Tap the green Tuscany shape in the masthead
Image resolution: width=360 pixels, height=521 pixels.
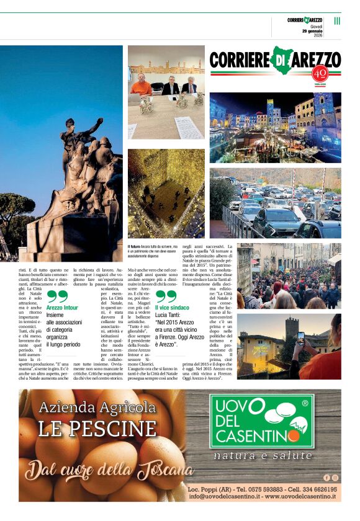[x=283, y=59]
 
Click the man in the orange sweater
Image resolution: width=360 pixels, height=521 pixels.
[x=142, y=86]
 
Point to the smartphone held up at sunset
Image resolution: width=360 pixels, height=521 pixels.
[x=300, y=339]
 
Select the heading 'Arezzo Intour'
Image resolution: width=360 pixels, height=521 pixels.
[x=62, y=307]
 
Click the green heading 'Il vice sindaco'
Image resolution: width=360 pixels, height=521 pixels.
[x=172, y=308]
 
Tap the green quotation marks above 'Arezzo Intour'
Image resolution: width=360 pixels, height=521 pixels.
[x=57, y=296]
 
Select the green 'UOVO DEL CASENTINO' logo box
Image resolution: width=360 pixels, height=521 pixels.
[x=261, y=421]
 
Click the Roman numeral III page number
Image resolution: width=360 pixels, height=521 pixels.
[x=337, y=20]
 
